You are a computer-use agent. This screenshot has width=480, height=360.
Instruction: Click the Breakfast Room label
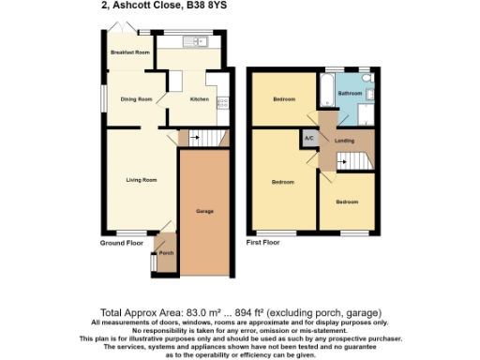click(130, 52)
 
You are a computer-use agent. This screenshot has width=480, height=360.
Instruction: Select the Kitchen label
click(200, 99)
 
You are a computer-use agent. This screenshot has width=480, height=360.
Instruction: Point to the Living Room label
click(142, 179)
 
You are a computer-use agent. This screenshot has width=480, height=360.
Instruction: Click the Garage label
click(204, 211)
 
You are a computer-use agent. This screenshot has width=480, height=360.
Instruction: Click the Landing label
click(344, 140)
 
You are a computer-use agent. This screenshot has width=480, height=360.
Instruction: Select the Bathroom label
click(350, 95)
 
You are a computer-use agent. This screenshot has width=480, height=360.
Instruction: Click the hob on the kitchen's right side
click(223, 103)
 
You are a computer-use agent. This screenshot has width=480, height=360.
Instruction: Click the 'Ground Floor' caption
click(122, 243)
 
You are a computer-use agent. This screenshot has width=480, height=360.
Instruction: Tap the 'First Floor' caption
click(263, 243)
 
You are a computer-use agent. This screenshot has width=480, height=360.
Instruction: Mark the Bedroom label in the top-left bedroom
click(285, 98)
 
